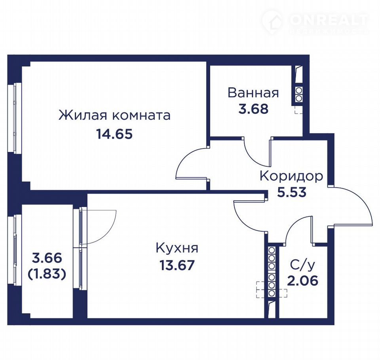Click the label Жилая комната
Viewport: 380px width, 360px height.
pyautogui.click(x=114, y=115)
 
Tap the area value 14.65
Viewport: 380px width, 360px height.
pyautogui.click(x=114, y=134)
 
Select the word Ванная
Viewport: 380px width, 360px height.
pyautogui.click(x=253, y=93)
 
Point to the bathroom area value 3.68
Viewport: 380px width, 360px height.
pyautogui.click(x=253, y=109)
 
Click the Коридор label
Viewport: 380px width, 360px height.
pyautogui.click(x=291, y=176)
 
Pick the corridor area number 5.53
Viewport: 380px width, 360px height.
pyautogui.click(x=292, y=192)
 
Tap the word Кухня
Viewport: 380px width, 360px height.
pyautogui.click(x=177, y=248)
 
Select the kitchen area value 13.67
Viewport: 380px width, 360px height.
pyautogui.click(x=177, y=265)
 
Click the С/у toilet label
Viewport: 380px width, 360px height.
pyautogui.click(x=302, y=265)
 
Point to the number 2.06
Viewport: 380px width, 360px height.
pyautogui.click(x=303, y=281)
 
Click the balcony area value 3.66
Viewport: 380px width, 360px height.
pyautogui.click(x=47, y=258)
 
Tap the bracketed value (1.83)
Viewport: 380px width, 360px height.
pyautogui.click(x=47, y=274)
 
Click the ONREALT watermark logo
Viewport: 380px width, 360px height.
pyautogui.click(x=315, y=22)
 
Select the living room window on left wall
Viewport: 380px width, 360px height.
pyautogui.click(x=15, y=118)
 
